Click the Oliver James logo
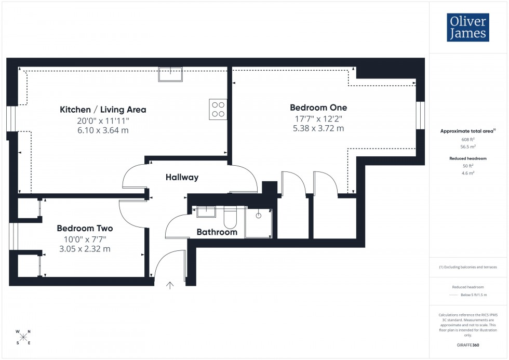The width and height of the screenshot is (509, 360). [467, 28]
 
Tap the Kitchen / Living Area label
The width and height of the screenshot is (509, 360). [103, 110]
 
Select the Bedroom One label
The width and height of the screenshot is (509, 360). [318, 108]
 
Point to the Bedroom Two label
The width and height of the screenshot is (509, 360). [85, 228]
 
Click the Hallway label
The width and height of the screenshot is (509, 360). [182, 177]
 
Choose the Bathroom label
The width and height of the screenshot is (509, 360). [217, 232]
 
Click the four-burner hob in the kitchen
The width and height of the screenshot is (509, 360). [218, 109]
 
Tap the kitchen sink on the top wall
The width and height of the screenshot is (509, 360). [171, 74]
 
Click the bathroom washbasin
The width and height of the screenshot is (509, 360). [206, 211]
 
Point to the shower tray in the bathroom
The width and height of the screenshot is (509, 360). [258, 223]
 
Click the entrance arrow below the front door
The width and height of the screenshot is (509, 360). [170, 285]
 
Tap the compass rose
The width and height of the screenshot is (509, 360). [23, 337]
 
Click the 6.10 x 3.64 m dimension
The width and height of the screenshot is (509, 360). [103, 130]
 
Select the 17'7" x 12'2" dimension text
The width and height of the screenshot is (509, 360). [318, 118]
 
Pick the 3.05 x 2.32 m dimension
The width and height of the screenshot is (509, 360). [85, 249]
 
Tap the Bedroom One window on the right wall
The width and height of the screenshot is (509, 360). [421, 115]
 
